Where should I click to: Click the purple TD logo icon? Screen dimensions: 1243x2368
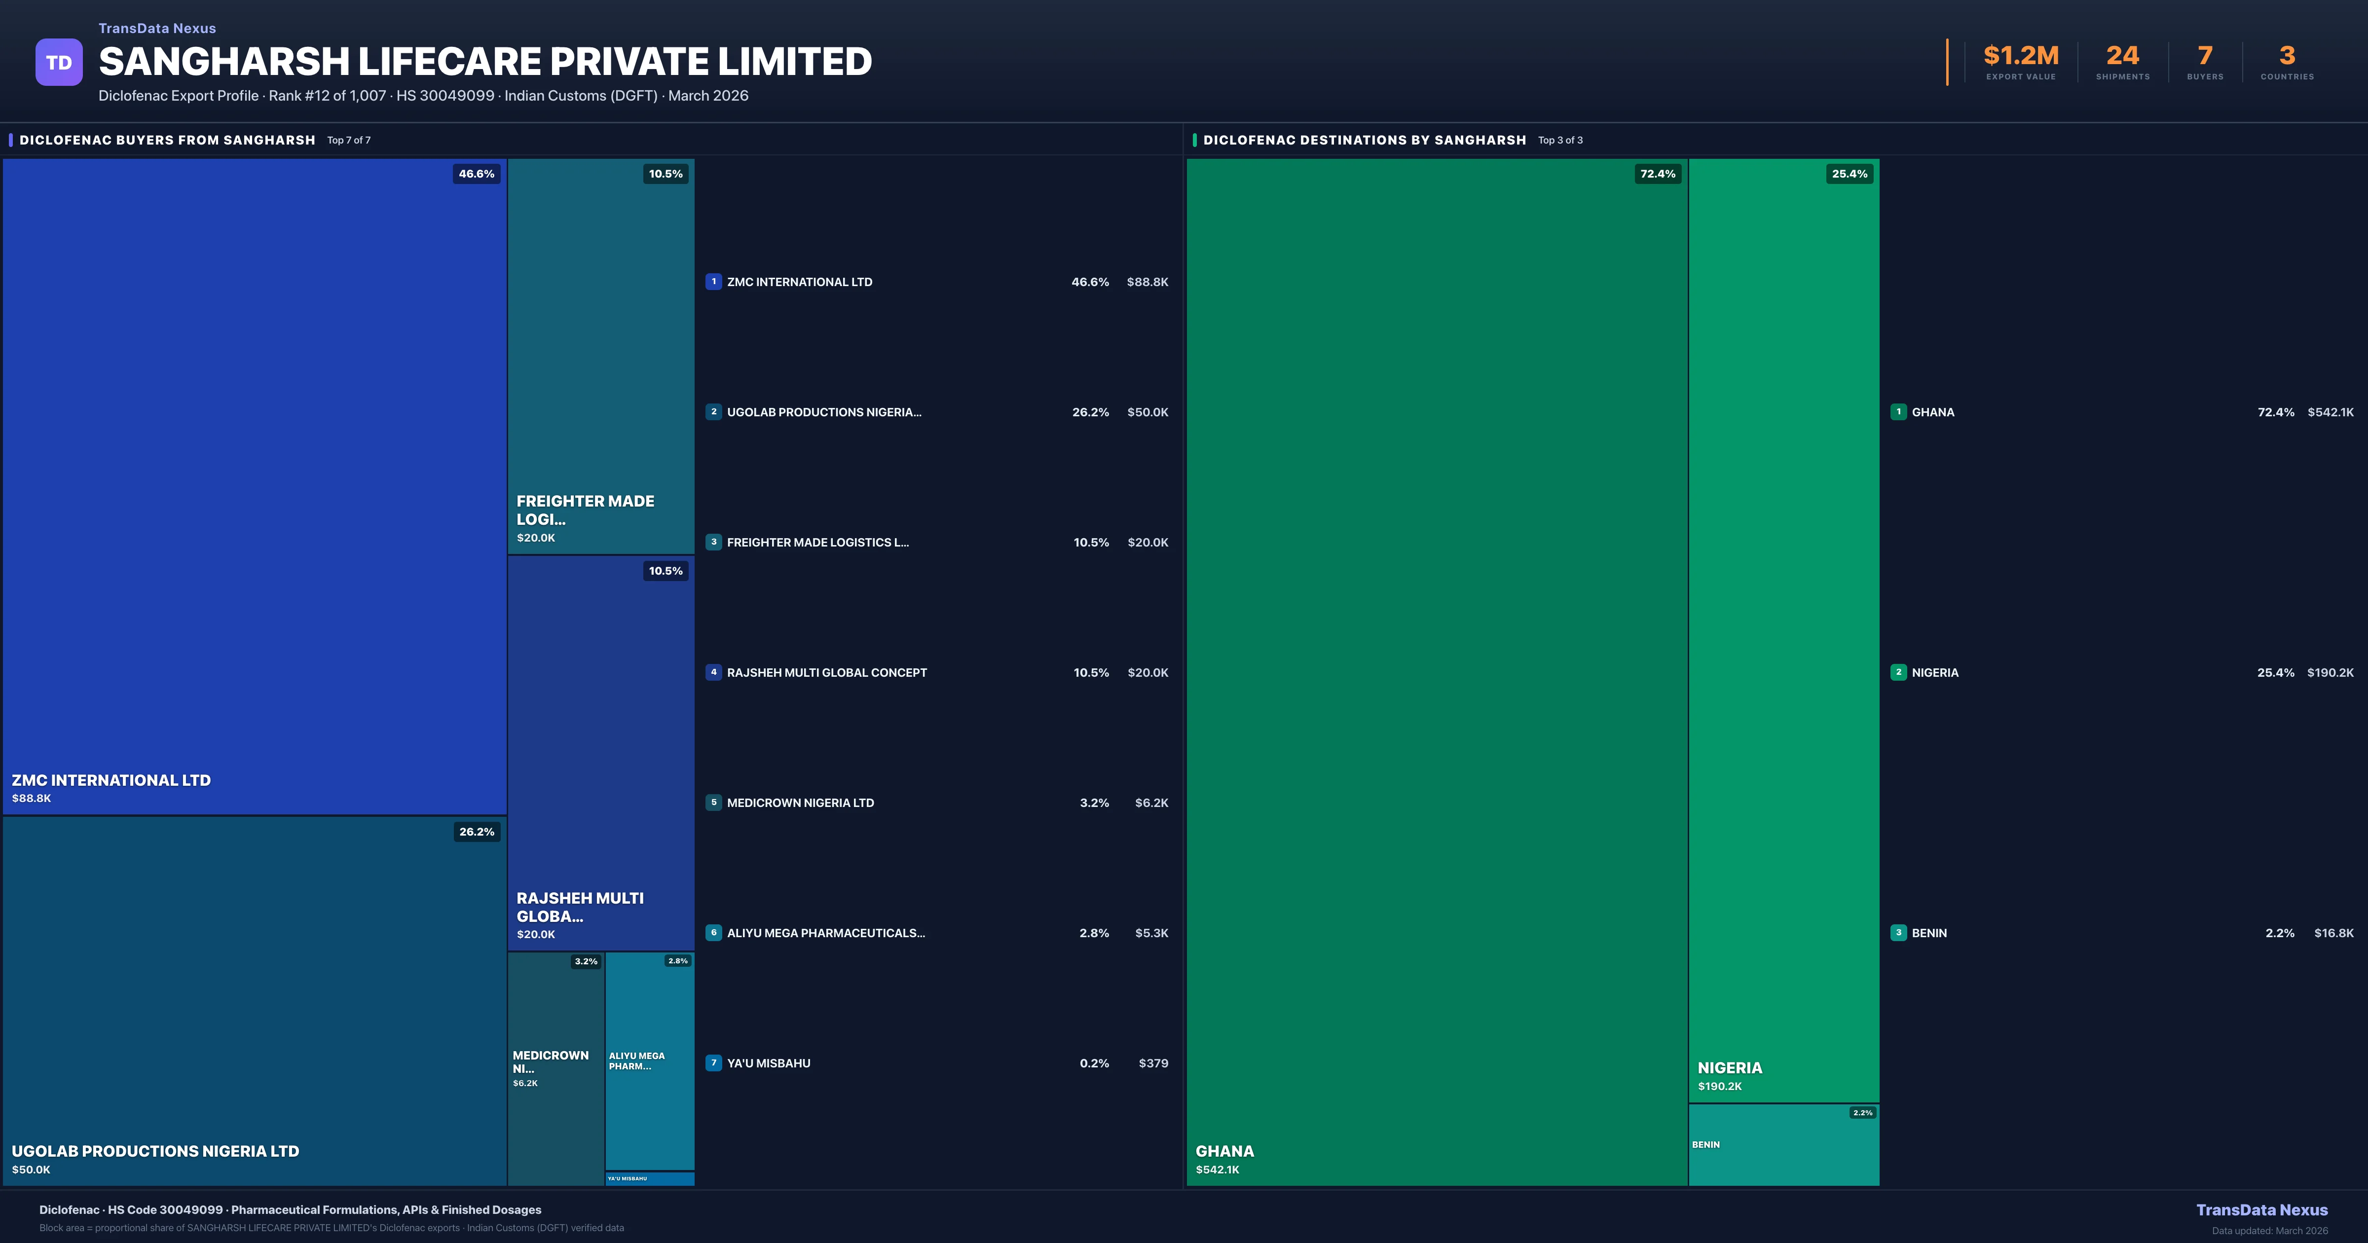59,63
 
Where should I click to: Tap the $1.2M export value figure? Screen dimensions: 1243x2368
2021,56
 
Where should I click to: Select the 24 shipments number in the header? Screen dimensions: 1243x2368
2122,56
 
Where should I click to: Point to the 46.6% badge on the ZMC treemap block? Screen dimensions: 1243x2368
476,174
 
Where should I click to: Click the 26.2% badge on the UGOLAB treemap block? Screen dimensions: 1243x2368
476,832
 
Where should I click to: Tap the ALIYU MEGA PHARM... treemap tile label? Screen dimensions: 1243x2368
636,1061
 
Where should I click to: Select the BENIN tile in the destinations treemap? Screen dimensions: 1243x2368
1783,1145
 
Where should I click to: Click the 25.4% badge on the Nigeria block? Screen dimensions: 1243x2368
1850,174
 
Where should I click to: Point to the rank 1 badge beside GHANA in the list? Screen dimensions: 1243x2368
1898,412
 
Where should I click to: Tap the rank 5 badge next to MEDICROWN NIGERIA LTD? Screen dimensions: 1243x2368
713,803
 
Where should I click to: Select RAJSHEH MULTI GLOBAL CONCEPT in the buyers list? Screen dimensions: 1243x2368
826,673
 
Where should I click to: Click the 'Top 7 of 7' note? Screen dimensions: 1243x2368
348,141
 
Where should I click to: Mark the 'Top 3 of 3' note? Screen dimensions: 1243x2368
1560,141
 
